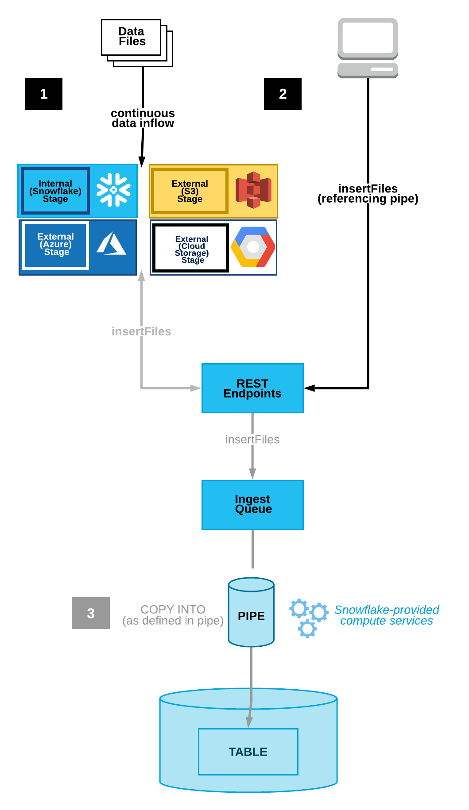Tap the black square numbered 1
(x=43, y=94)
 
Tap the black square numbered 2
(x=283, y=94)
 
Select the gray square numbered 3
(x=91, y=613)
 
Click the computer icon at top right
(x=368, y=47)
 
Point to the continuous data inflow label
(x=143, y=118)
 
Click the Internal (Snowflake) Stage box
(x=55, y=191)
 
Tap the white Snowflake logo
(x=114, y=190)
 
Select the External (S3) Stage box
(x=190, y=191)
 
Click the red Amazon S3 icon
(x=253, y=190)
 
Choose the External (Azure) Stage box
(x=56, y=244)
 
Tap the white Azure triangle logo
(x=112, y=244)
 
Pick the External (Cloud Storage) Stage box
(x=191, y=248)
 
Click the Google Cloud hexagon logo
(x=253, y=247)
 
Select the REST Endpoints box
(x=252, y=388)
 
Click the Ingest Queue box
(x=252, y=504)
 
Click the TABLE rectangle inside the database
(x=248, y=752)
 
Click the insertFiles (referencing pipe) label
(x=368, y=194)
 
